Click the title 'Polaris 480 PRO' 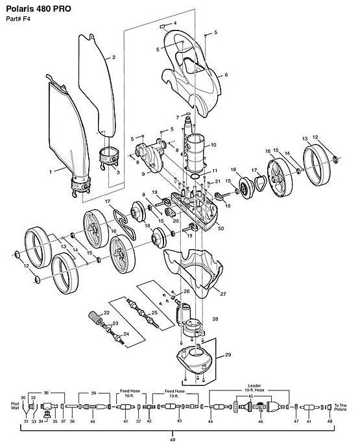point(38,9)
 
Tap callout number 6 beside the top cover point(226,75)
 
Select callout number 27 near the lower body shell point(223,294)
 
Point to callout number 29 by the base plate point(228,355)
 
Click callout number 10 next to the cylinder point(213,145)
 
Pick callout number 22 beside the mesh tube point(106,313)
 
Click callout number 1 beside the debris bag point(51,172)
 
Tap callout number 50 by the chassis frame point(221,228)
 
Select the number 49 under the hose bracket point(173,440)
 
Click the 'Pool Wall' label point(15,405)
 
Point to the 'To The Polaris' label point(340,407)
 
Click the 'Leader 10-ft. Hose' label point(254,388)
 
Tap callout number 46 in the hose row point(260,422)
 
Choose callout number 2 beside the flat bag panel point(114,57)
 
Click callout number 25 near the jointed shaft point(154,313)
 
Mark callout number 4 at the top point(174,23)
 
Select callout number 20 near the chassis point(176,221)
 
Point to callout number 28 point(215,319)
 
